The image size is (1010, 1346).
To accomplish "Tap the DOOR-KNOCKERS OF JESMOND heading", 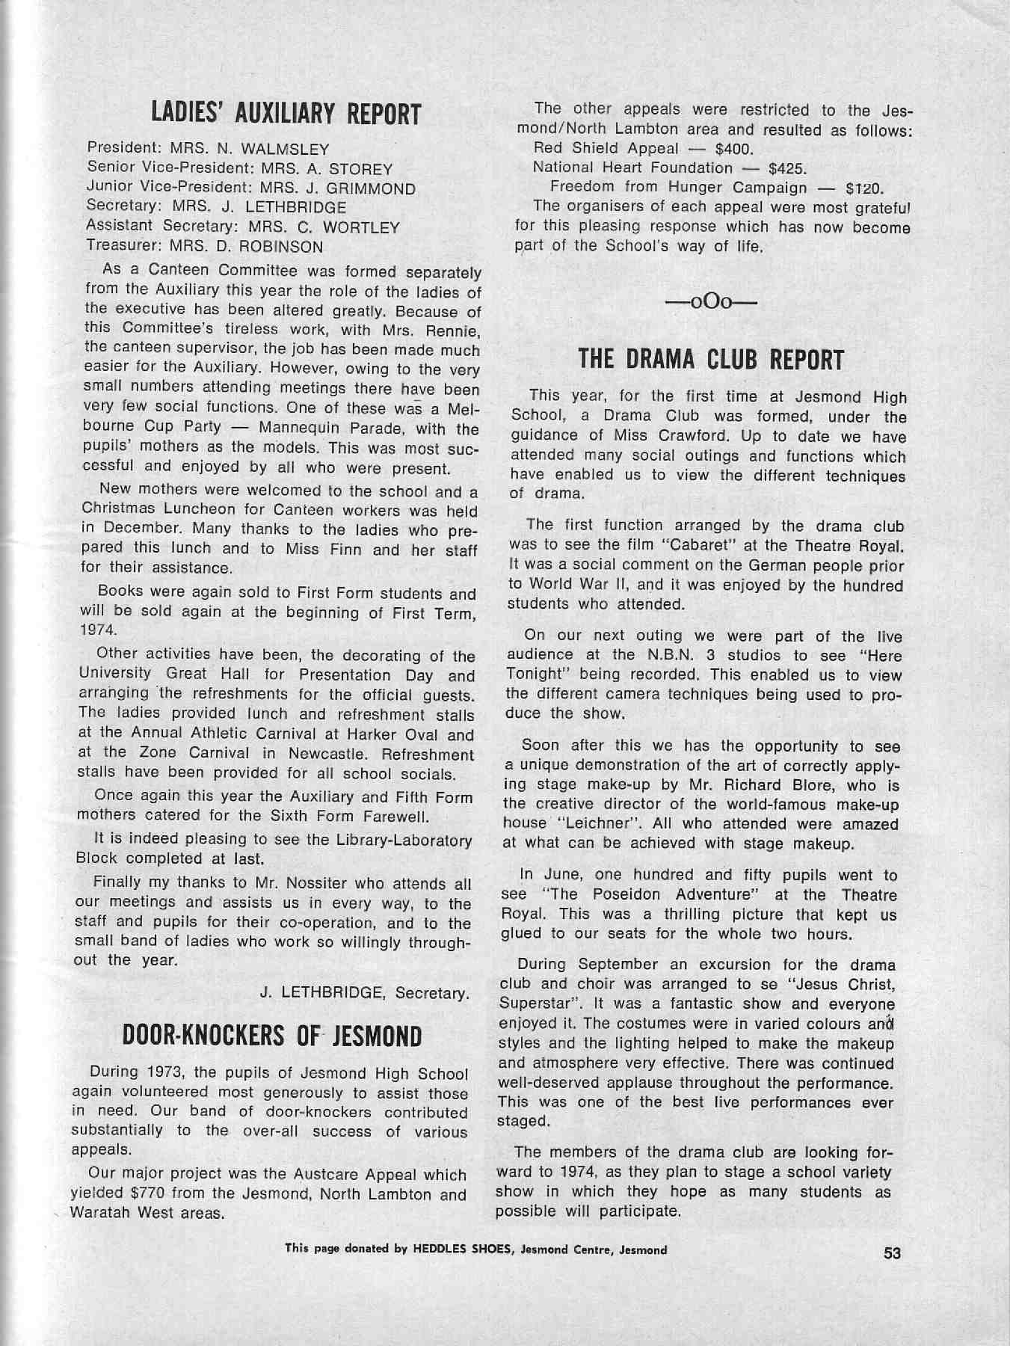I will [271, 1036].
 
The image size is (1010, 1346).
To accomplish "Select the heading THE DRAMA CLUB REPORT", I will [711, 360].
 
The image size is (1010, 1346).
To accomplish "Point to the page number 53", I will [892, 1253].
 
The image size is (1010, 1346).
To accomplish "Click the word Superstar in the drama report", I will [536, 1004].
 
